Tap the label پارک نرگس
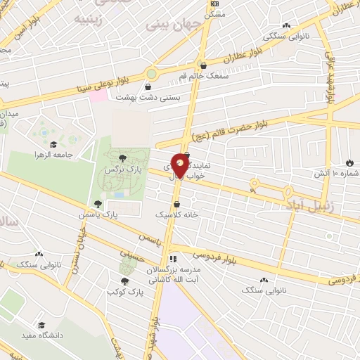[x=119, y=170]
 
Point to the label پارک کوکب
[x=121, y=291]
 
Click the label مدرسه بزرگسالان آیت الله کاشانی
[x=174, y=276]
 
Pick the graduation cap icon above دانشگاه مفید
[x=41, y=326]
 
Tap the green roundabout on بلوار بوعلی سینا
[x=151, y=74]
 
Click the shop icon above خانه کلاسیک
[x=185, y=204]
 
